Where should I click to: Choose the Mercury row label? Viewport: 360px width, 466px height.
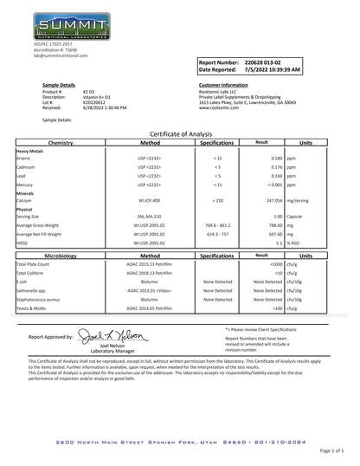pyautogui.click(x=26, y=185)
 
